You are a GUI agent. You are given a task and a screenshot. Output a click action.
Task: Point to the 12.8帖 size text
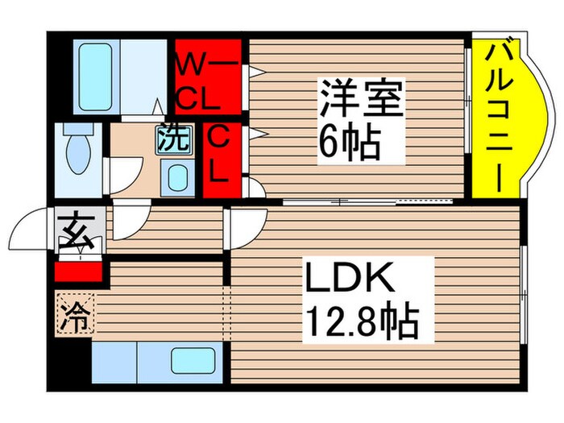pyautogui.click(x=361, y=323)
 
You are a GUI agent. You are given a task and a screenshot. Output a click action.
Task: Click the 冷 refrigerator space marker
pyautogui.click(x=75, y=313)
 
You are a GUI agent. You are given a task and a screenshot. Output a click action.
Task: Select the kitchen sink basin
pyautogui.click(x=191, y=361)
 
